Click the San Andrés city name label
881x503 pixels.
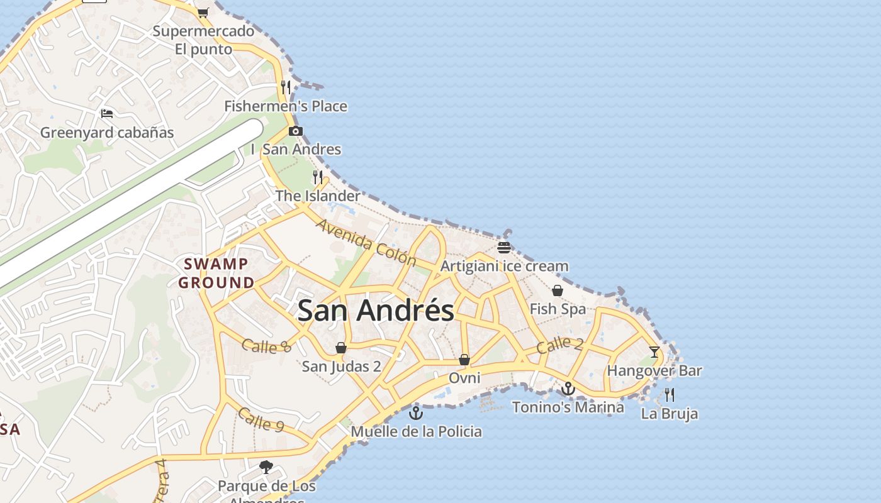[x=376, y=311]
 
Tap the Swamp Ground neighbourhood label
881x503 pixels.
[x=216, y=273]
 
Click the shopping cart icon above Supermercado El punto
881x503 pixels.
[x=203, y=13]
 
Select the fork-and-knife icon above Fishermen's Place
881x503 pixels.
[x=286, y=87]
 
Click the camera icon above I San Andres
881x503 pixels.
[x=295, y=131]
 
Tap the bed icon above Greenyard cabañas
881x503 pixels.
[x=107, y=114]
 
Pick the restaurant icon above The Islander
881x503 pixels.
[x=318, y=177]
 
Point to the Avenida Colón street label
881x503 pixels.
[x=366, y=243]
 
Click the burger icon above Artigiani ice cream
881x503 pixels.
[x=503, y=247]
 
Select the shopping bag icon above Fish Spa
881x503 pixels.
[x=558, y=290]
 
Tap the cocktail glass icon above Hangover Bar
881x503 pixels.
[x=654, y=351]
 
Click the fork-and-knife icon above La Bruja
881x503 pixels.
[x=670, y=395]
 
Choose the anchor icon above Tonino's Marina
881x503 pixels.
[x=568, y=389]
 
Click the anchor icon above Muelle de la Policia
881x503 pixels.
[x=415, y=413]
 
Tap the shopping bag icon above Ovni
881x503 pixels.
[x=464, y=360]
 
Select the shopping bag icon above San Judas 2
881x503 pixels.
[x=341, y=348]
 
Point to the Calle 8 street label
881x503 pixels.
[x=266, y=346]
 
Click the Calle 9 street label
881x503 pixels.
[x=261, y=420]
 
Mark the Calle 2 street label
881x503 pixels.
[x=560, y=345]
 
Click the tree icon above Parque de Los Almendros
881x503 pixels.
[x=266, y=467]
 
